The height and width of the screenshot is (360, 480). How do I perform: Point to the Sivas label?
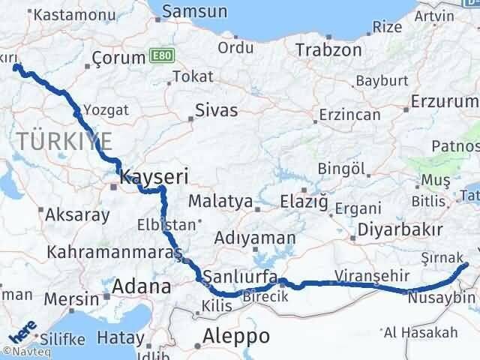click(216, 110)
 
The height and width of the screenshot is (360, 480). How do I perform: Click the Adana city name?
click(141, 286)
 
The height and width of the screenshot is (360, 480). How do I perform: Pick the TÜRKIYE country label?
click(65, 140)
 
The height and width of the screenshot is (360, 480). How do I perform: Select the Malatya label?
click(220, 201)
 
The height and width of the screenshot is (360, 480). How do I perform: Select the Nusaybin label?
click(442, 298)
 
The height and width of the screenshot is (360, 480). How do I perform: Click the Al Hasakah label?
click(420, 332)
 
